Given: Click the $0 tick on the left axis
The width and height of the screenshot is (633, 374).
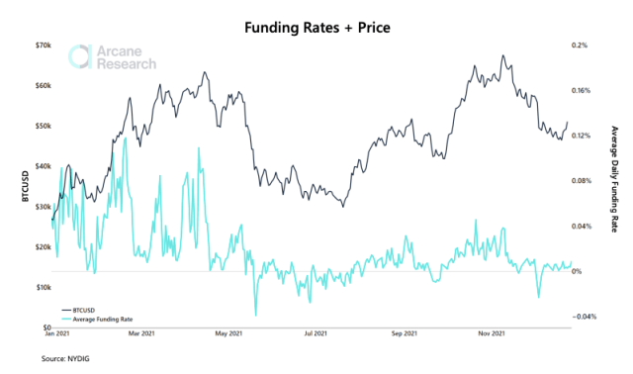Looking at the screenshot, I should tap(45, 327).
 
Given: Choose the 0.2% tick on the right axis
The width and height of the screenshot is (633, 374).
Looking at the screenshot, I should tap(580, 46).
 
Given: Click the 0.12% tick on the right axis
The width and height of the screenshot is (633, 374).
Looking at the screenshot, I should tap(582, 136).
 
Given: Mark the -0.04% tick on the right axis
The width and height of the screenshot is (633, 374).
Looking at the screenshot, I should tap(584, 317).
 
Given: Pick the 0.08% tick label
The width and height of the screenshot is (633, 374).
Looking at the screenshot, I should tap(582, 181).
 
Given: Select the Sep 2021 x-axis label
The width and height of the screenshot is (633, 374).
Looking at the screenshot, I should tap(404, 334).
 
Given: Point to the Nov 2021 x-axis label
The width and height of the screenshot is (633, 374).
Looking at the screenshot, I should tap(491, 334).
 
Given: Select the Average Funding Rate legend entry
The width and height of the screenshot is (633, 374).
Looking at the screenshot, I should tap(105, 320).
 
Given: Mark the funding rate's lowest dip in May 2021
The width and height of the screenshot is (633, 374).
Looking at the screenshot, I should tap(255, 316).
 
